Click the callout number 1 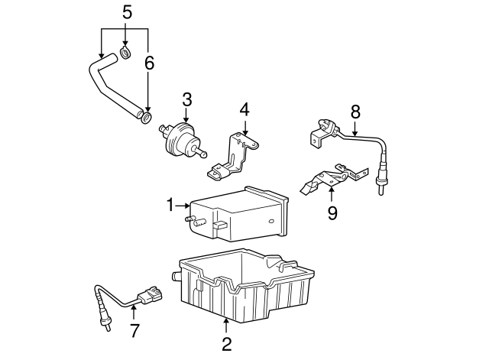coord(170,204)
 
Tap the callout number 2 coord(226,343)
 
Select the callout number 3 coord(186,99)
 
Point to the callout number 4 coord(244,109)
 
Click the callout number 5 coord(126,11)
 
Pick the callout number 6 coord(149,63)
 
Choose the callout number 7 coord(134,331)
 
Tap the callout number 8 coord(355,111)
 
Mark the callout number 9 coord(332,212)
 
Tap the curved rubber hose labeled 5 coord(107,84)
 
